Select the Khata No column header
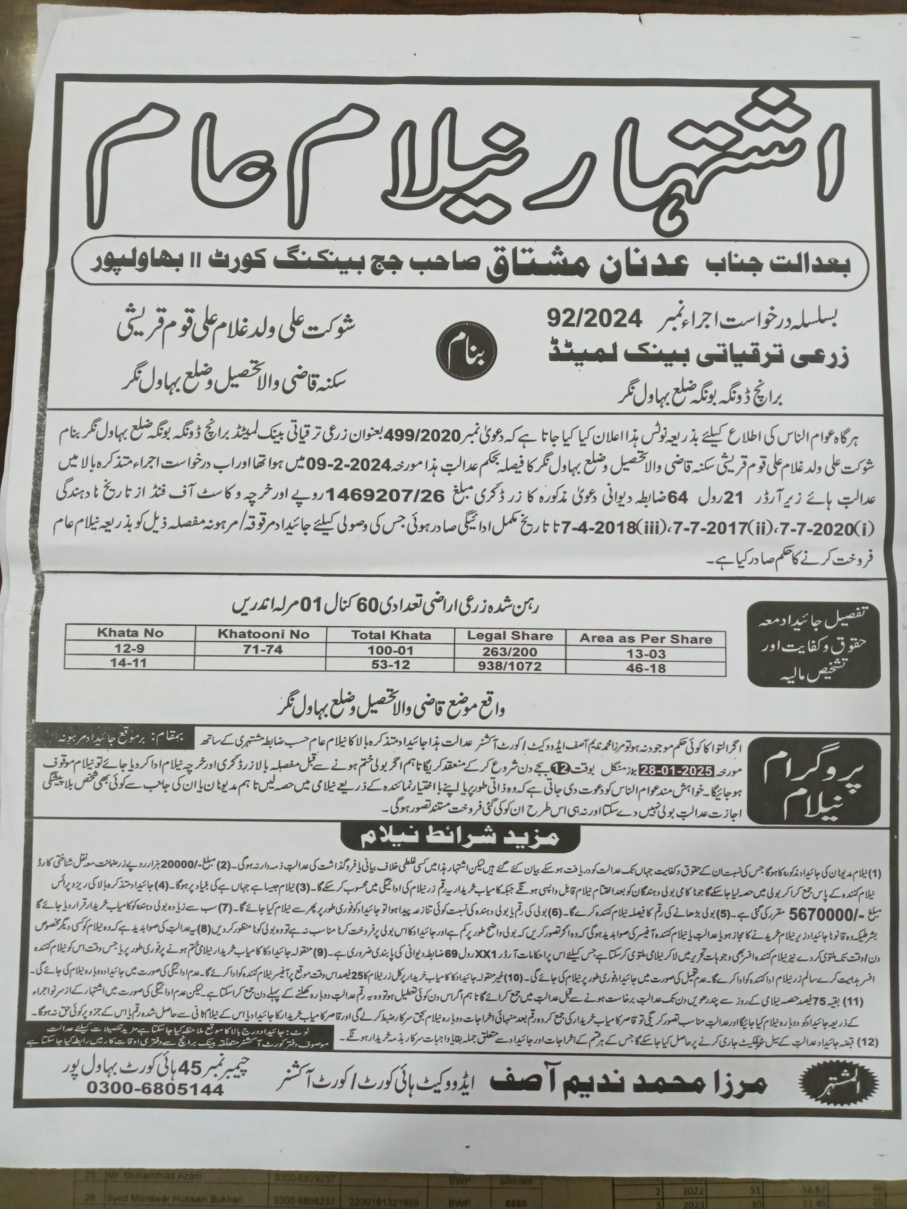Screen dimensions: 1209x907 coord(124,633)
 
